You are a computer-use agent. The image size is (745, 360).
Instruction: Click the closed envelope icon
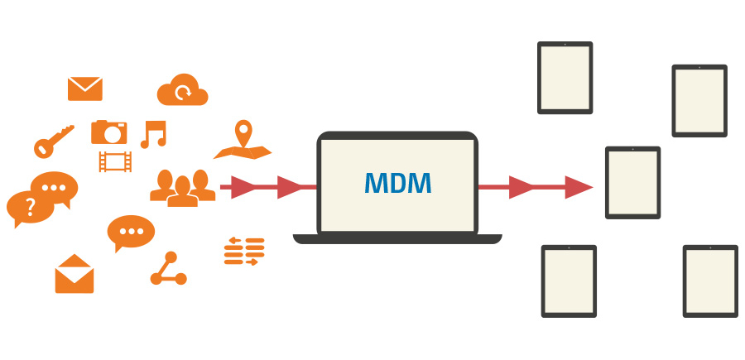click(x=85, y=89)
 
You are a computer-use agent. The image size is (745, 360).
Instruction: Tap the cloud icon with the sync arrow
click(x=183, y=89)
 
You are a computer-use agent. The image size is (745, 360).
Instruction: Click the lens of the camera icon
click(x=110, y=133)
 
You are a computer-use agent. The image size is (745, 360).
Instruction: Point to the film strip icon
click(x=114, y=161)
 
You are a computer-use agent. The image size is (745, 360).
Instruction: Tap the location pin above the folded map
click(x=243, y=132)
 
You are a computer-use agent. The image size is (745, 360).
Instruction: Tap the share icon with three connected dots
click(x=168, y=269)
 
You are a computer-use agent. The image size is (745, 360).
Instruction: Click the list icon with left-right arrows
click(x=244, y=251)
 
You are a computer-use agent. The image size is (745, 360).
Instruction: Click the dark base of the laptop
click(x=397, y=239)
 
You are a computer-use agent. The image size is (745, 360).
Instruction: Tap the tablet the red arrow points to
click(x=633, y=183)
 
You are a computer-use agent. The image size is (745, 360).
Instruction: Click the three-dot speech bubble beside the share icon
click(x=130, y=232)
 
